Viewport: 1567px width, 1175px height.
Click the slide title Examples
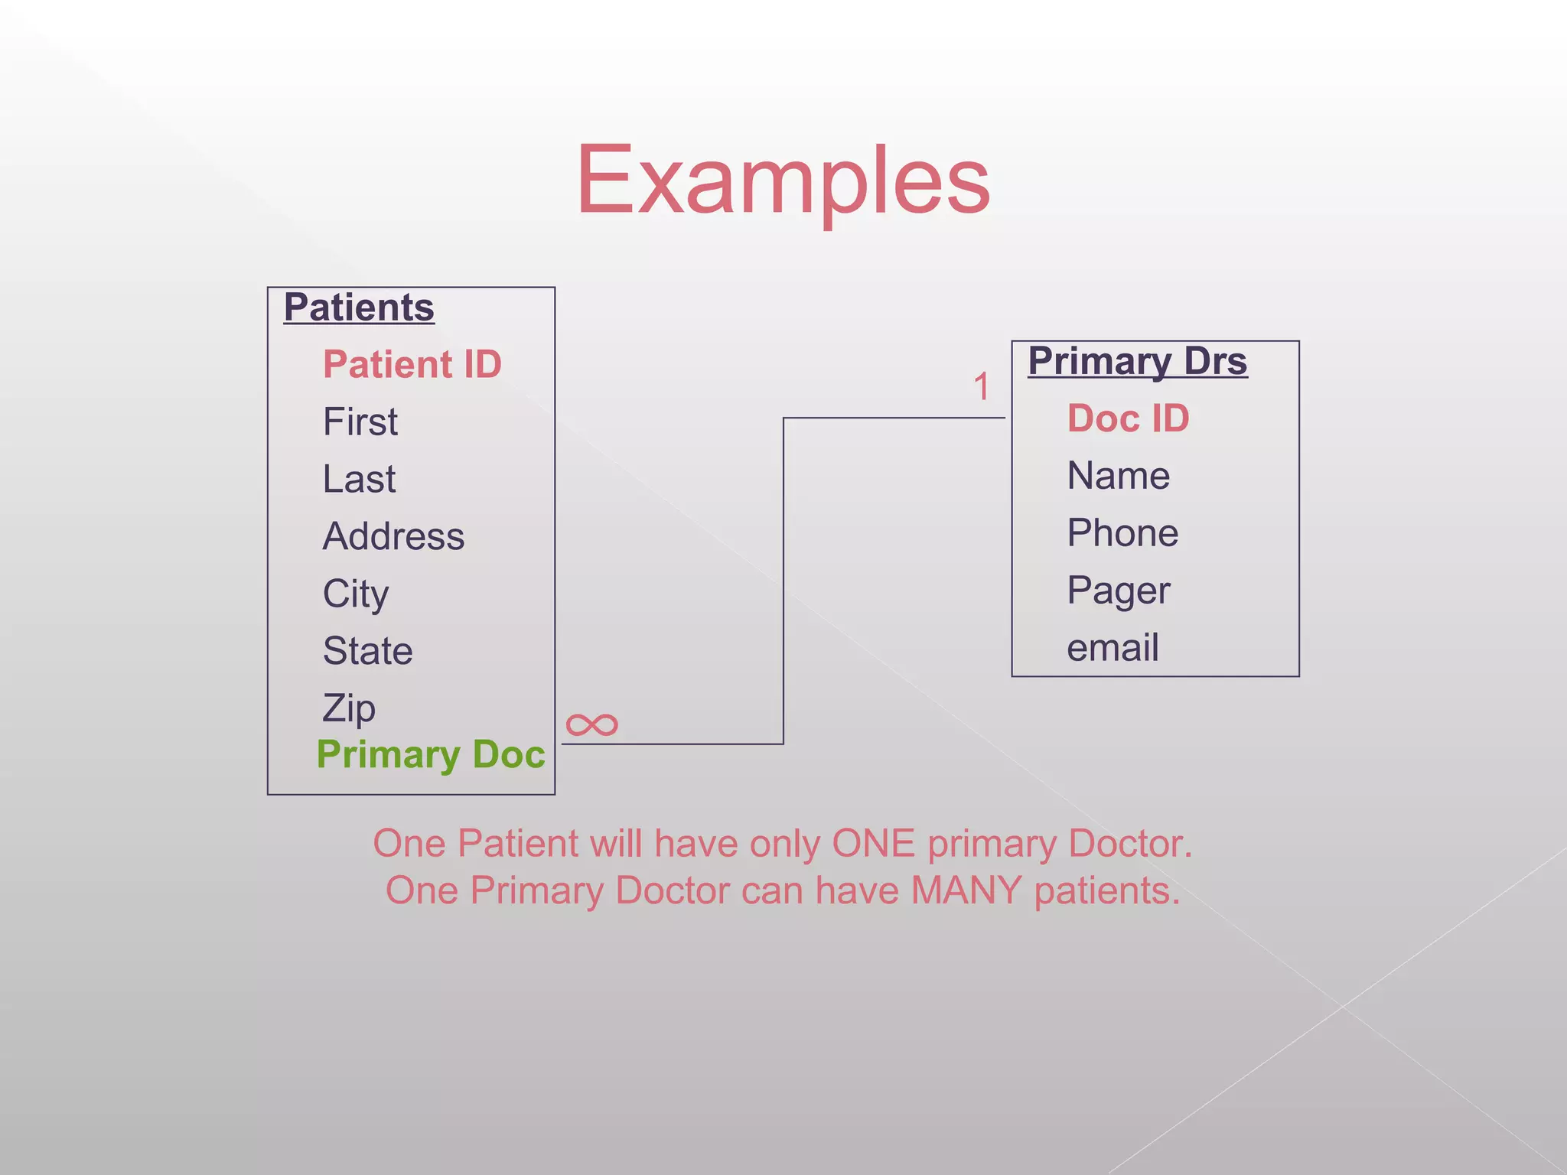pos(783,181)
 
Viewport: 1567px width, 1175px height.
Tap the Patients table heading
pos(359,308)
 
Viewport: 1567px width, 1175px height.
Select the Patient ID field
pos(412,364)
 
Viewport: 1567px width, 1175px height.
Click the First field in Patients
pos(360,422)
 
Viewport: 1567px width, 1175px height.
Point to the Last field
pos(359,479)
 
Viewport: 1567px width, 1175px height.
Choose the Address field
pos(393,536)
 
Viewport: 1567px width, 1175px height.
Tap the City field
pos(356,594)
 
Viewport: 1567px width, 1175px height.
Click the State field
pos(367,651)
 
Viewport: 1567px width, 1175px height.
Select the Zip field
pos(349,708)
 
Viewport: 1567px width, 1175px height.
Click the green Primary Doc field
pos(431,754)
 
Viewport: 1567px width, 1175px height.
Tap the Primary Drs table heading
pos(1137,361)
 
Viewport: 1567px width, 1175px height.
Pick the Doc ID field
pos(1128,418)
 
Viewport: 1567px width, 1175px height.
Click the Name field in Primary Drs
pos(1118,476)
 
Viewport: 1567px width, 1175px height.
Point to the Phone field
pos(1122,533)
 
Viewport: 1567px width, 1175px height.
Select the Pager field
pos(1118,591)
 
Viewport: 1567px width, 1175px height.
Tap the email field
pos(1113,648)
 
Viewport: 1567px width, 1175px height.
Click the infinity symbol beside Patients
pos(591,724)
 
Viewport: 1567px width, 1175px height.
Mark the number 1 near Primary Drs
pos(982,387)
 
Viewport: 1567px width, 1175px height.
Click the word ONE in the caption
pos(873,844)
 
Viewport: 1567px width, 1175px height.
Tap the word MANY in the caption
pos(966,890)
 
